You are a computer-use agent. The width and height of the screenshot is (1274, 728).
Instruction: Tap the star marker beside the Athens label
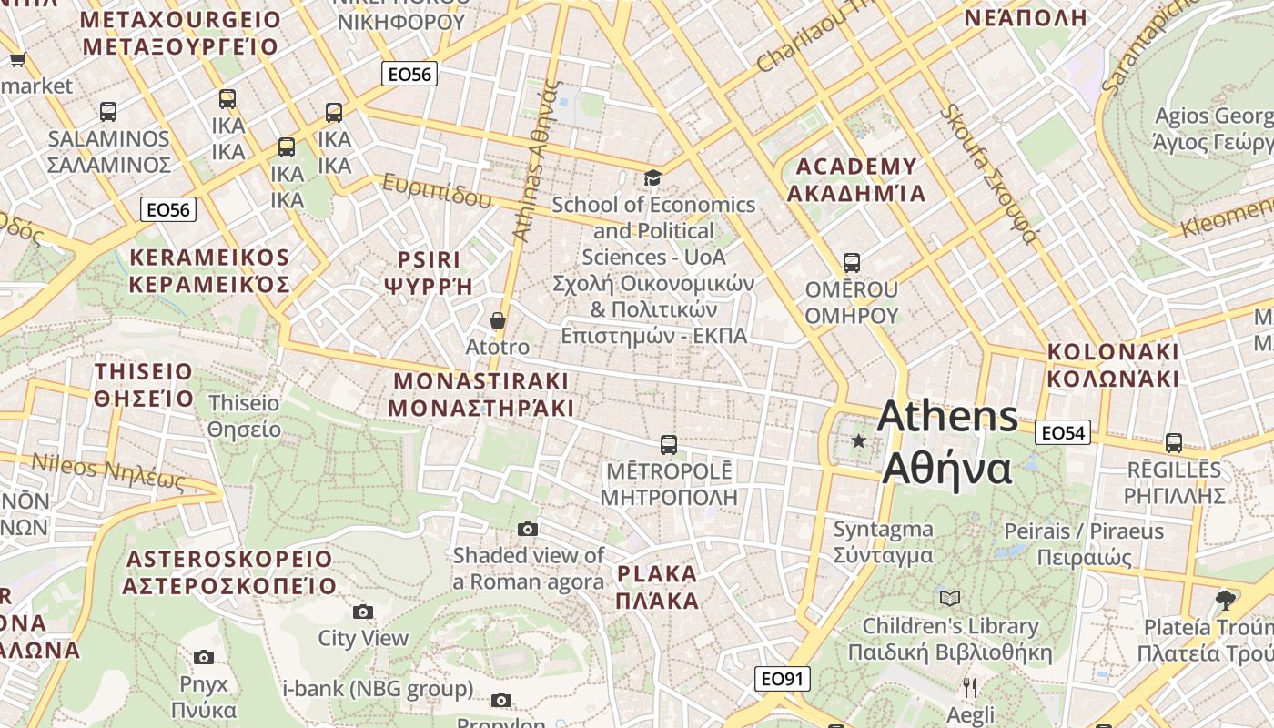tap(858, 441)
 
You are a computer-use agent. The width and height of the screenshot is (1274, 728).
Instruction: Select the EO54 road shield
tap(1062, 433)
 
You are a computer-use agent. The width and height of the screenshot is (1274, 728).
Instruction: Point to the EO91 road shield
tap(782, 679)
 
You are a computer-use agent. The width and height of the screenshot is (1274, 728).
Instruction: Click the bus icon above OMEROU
tap(852, 263)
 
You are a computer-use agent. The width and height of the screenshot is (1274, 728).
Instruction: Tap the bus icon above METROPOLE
tap(669, 445)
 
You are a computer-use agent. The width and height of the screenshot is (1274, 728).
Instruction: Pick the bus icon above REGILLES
tap(1174, 443)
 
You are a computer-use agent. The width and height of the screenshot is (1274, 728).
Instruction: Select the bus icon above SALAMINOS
tap(108, 112)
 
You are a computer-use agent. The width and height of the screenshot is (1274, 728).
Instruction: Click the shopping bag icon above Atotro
tap(498, 320)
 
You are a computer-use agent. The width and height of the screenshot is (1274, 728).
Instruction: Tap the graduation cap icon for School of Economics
tap(652, 177)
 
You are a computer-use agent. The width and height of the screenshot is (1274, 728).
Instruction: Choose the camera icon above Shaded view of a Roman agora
tap(528, 529)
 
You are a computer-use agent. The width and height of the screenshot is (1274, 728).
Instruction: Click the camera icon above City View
tap(363, 612)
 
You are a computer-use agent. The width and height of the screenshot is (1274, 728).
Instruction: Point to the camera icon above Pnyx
tap(204, 657)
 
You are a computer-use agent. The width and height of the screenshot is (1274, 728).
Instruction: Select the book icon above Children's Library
tap(950, 598)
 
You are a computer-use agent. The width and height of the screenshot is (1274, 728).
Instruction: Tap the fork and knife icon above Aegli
tap(970, 688)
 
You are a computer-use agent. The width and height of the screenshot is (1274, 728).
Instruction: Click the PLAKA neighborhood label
tap(657, 587)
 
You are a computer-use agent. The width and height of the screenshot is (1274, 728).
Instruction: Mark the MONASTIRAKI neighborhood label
tap(480, 394)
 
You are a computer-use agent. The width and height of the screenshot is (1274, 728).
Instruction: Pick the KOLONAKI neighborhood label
tap(1113, 365)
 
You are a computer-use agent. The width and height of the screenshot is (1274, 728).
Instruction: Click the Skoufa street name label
tap(989, 174)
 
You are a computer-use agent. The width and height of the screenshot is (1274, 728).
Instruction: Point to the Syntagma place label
tap(884, 542)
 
